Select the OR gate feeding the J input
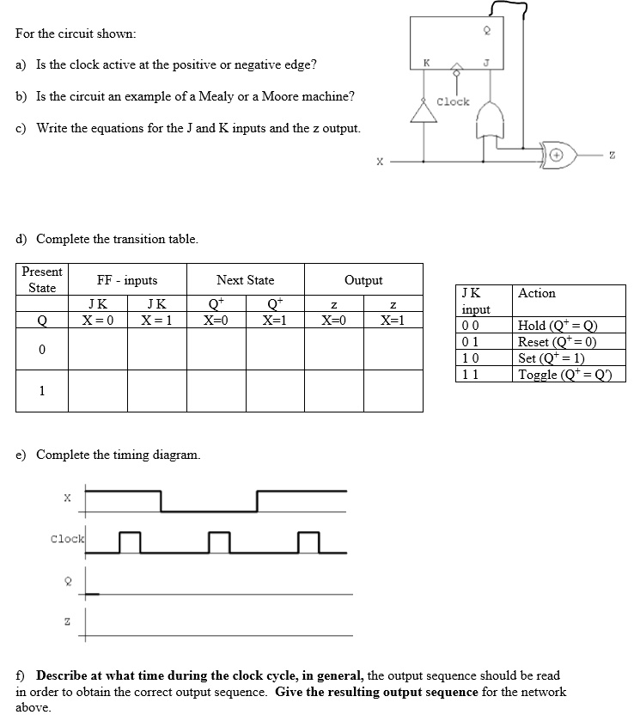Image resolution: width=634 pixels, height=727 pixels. (489, 122)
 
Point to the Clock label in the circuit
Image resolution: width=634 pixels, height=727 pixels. (453, 101)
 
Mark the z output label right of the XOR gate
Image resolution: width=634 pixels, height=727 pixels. (612, 156)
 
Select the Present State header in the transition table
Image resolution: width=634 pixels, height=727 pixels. (42, 279)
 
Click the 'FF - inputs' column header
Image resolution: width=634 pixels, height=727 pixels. (127, 280)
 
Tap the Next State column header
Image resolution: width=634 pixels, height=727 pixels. (245, 280)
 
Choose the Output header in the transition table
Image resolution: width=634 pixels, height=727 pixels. (363, 280)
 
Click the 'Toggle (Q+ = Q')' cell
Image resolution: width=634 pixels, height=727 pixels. (568, 374)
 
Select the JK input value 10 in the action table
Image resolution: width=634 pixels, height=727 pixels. (469, 358)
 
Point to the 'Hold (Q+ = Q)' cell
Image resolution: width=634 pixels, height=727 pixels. (558, 326)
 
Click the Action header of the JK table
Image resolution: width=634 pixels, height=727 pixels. (537, 293)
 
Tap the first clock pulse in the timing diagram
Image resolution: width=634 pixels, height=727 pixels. (129, 541)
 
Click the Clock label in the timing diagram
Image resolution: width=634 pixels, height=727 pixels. (68, 539)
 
